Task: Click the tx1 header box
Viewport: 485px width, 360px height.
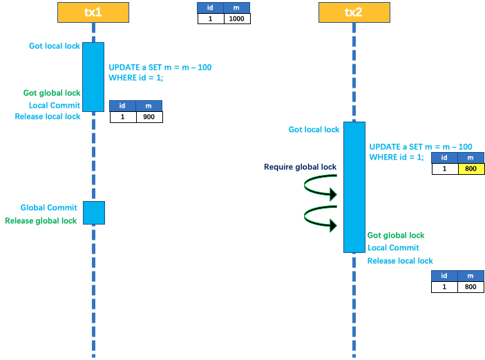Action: click(93, 12)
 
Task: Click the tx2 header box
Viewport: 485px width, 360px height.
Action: click(354, 12)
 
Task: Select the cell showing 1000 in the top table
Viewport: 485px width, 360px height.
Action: click(237, 19)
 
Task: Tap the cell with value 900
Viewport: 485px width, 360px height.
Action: click(149, 117)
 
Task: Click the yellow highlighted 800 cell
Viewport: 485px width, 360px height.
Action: click(470, 169)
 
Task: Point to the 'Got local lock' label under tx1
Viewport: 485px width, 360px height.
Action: click(55, 46)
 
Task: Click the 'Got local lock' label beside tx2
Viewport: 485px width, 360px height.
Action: click(314, 130)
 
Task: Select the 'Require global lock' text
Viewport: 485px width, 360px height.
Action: click(300, 167)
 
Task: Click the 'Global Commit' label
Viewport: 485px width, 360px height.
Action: click(48, 207)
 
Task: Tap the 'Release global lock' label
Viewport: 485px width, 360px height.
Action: click(41, 220)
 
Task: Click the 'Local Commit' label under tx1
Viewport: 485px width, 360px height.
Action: click(55, 106)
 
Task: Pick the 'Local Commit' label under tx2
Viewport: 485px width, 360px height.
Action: click(393, 247)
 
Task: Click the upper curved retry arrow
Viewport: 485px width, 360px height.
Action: click(320, 187)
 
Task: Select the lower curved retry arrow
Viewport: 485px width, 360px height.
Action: click(320, 217)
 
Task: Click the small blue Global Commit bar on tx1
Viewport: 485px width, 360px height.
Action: click(93, 213)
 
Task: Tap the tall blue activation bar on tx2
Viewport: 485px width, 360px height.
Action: click(354, 187)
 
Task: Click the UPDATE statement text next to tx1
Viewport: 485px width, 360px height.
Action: click(160, 73)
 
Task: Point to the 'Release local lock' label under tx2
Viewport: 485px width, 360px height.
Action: click(400, 260)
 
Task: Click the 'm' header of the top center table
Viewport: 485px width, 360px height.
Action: click(237, 8)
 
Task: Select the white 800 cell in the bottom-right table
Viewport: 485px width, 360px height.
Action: click(470, 287)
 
